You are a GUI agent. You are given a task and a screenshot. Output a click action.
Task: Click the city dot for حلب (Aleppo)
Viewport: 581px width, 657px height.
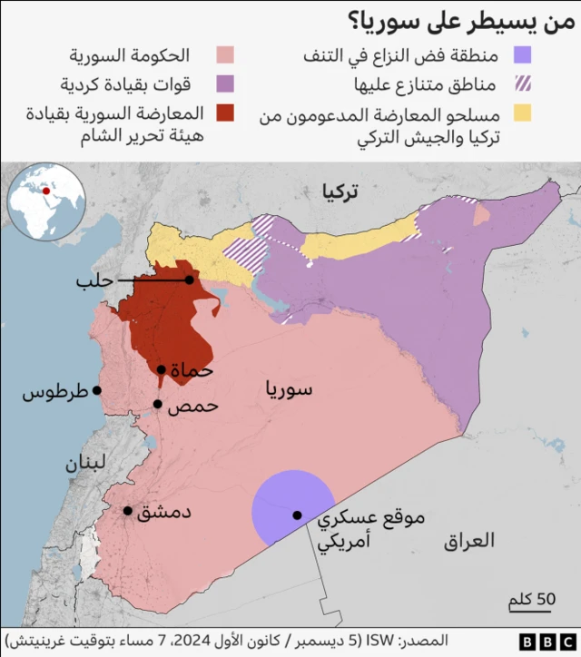click(x=189, y=280)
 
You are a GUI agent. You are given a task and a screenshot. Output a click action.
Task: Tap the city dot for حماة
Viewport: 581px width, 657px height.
click(x=162, y=369)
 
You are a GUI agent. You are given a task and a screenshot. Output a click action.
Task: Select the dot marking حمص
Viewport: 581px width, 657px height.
click(x=157, y=405)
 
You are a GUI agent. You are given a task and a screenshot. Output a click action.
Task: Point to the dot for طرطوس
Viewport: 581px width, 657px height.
click(x=97, y=391)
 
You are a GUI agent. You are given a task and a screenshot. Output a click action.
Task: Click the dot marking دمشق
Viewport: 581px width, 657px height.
click(x=128, y=511)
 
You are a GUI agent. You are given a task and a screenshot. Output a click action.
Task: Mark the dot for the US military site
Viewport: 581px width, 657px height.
click(x=297, y=515)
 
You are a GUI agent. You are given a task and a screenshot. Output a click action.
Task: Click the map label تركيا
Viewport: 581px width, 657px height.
click(x=339, y=191)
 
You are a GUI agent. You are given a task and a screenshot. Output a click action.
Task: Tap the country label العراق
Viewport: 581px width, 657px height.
click(x=469, y=542)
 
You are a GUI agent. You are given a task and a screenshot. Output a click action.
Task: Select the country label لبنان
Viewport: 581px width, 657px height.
click(x=85, y=463)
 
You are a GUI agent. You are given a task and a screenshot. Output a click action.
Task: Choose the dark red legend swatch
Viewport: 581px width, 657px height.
click(x=225, y=113)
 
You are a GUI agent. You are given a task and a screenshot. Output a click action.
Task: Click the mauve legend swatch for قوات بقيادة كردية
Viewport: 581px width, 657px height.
click(x=225, y=84)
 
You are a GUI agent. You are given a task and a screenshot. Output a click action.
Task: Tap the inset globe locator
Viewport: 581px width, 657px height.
click(x=46, y=201)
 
